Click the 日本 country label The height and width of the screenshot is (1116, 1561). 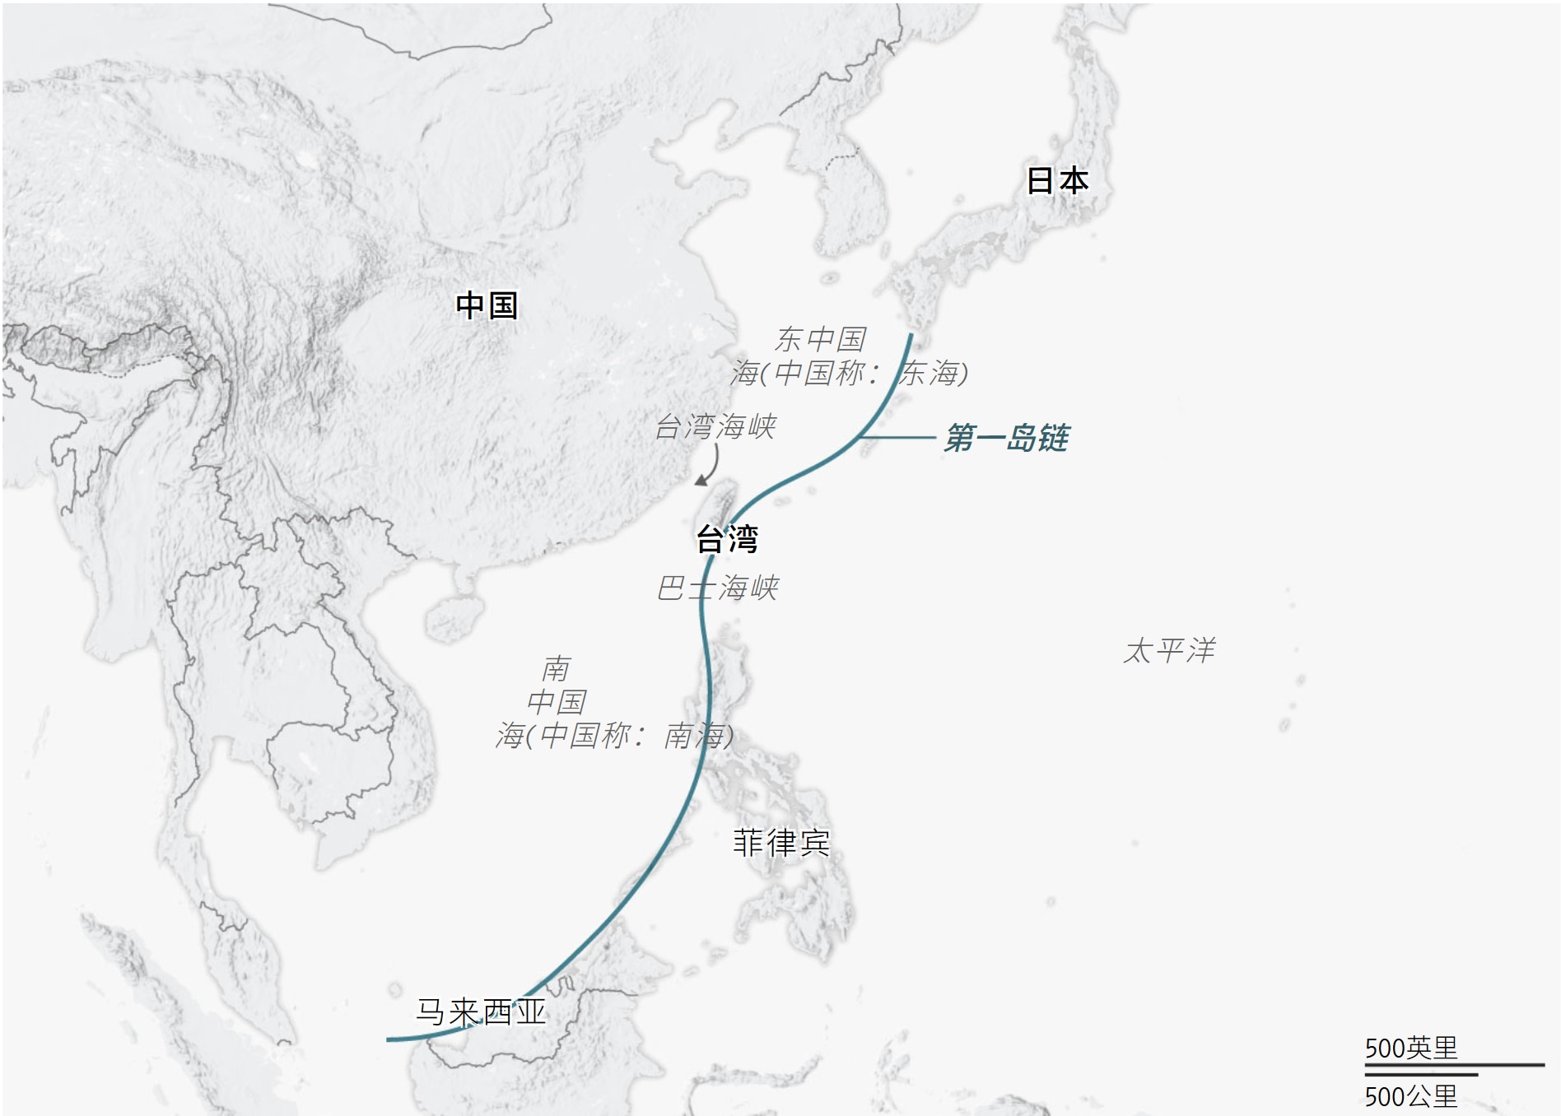pos(1057,180)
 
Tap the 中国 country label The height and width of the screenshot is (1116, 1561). pos(486,305)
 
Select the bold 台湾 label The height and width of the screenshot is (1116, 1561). pos(726,539)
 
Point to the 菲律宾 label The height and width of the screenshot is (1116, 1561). pos(780,843)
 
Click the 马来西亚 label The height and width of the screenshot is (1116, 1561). pos(480,1012)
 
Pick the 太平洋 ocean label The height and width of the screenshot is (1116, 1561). pos(1169,650)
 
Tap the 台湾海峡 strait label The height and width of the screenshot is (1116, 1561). pos(715,426)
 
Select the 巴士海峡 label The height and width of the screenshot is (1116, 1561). pos(717,588)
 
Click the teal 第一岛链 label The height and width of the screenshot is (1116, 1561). pos(1006,438)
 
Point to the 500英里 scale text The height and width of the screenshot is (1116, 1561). pos(1410,1048)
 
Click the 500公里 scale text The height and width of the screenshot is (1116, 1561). pos(1410,1096)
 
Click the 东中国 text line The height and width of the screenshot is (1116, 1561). pos(820,339)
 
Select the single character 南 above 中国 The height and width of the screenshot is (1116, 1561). pos(557,668)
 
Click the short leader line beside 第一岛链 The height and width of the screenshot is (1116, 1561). pos(897,437)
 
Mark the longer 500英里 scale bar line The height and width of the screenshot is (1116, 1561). pos(1454,1065)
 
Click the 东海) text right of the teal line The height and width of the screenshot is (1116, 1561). pos(934,374)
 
